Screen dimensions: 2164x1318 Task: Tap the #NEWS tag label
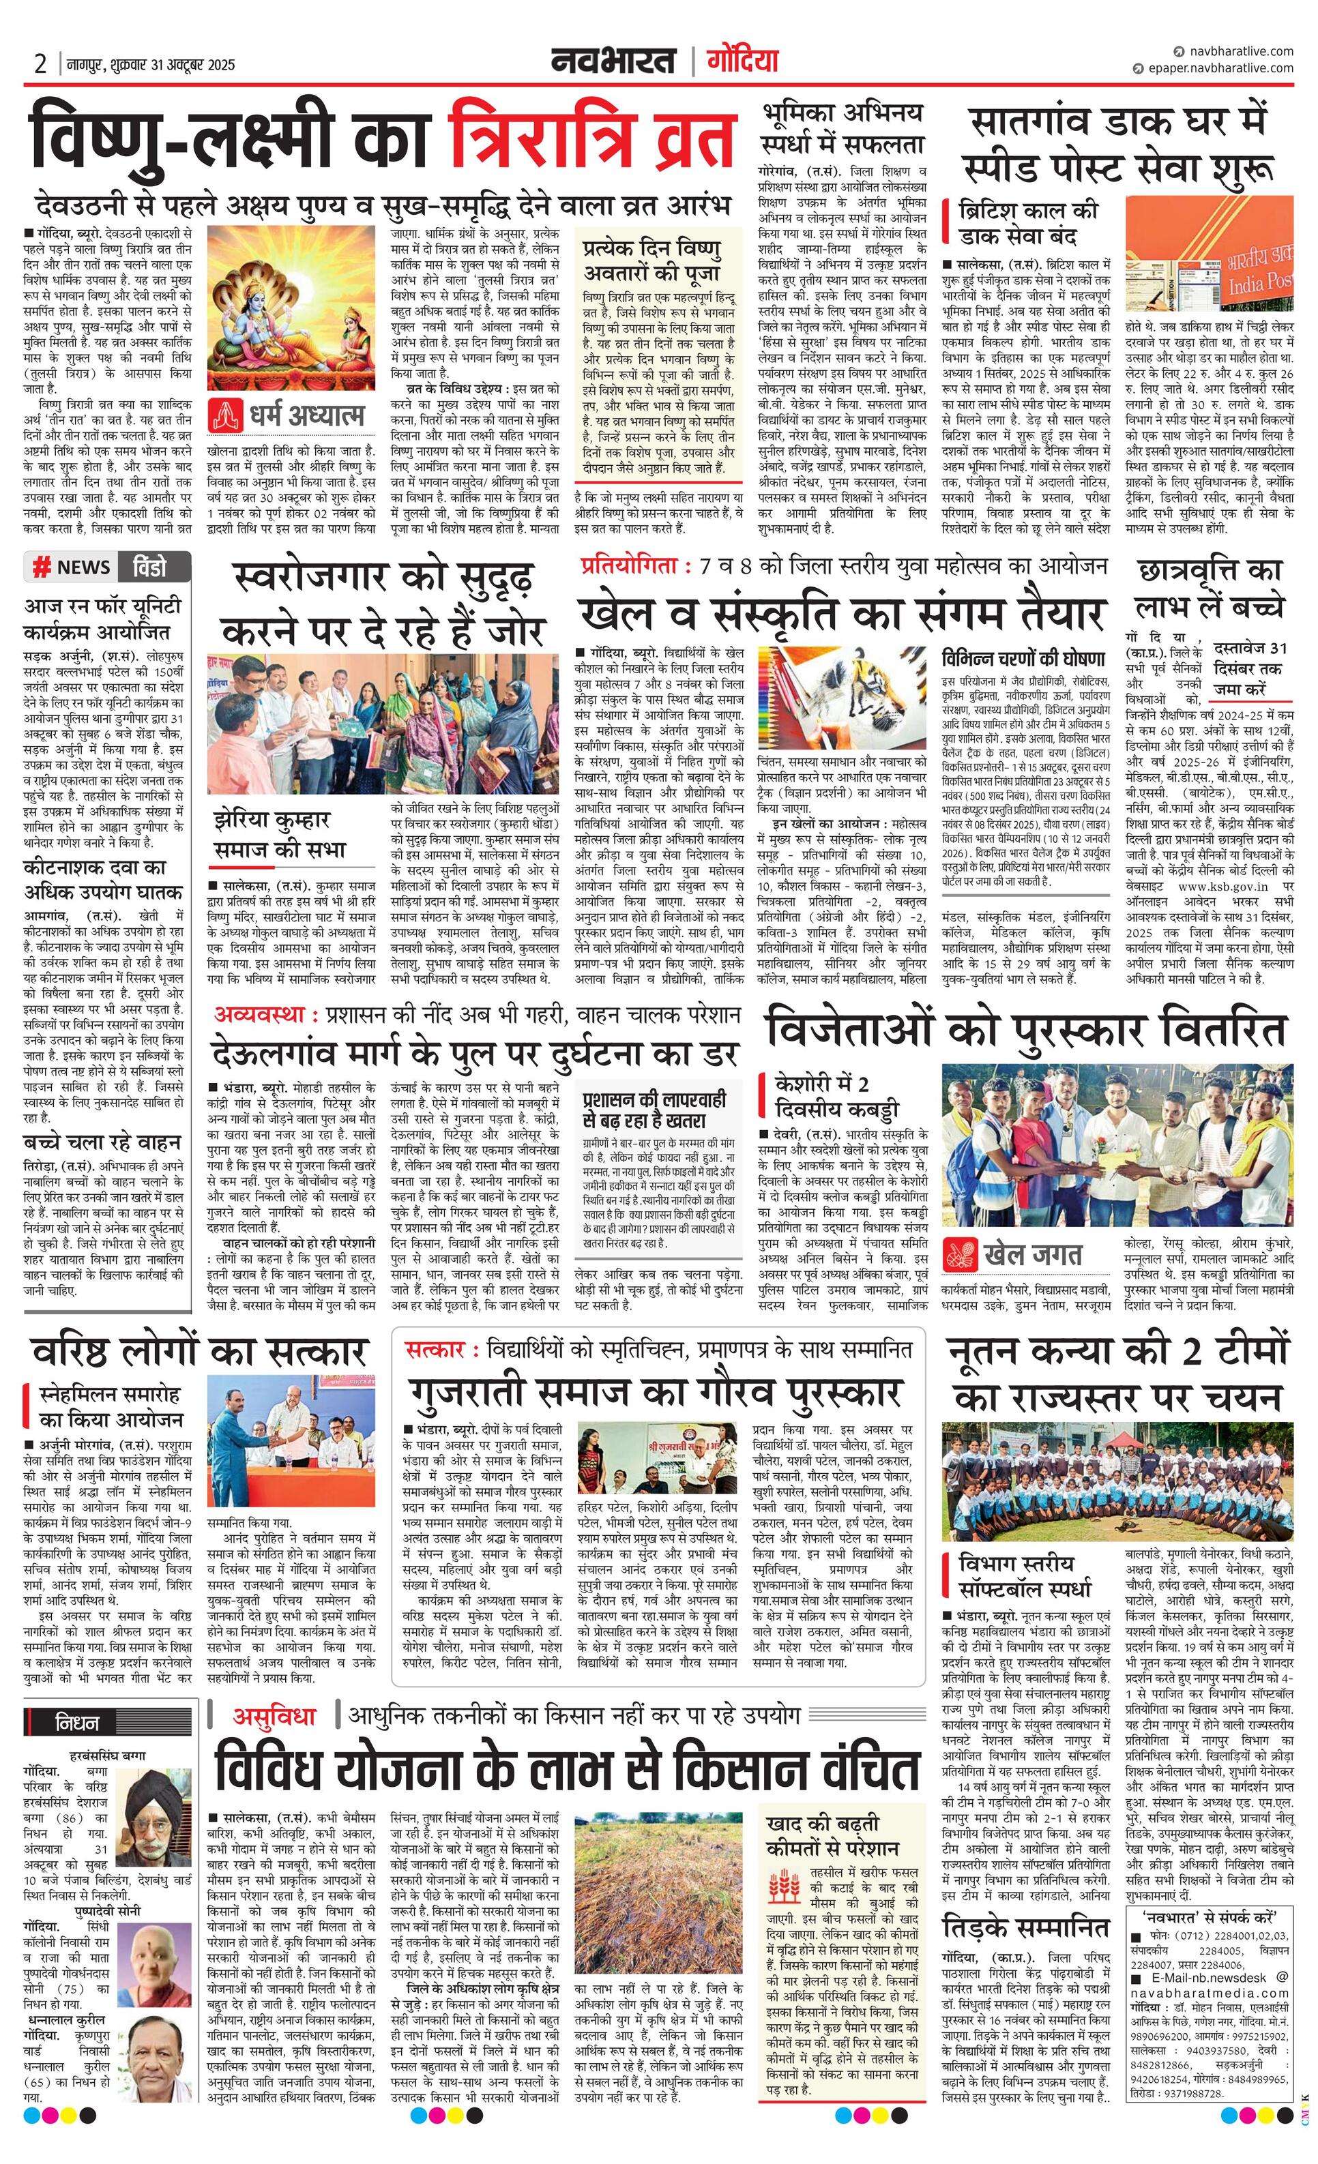[72, 567]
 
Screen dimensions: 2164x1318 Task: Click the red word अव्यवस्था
[265, 1014]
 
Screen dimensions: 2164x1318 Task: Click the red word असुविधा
[274, 1715]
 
